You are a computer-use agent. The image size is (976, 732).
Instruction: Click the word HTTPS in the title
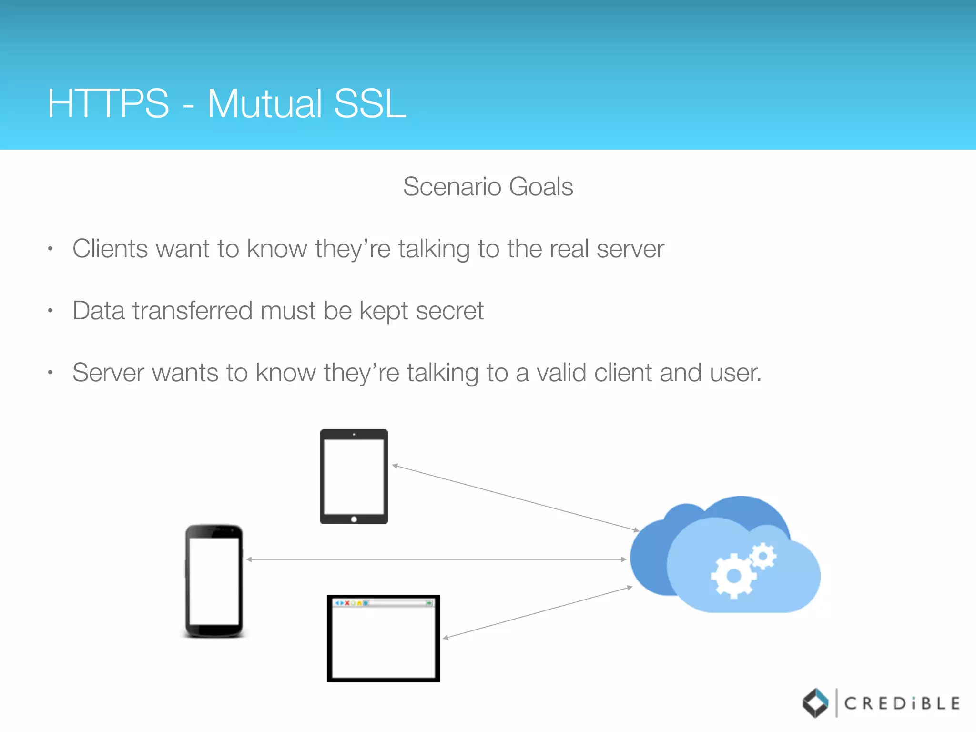tap(108, 103)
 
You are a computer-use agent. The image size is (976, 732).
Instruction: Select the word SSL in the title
tap(370, 103)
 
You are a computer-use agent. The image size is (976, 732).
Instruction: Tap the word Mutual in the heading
tap(264, 103)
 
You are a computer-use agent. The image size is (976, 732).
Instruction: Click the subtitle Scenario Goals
tap(488, 186)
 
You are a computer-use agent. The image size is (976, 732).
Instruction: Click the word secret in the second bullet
tap(449, 311)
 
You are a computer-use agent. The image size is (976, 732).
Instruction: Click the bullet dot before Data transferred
tap(50, 311)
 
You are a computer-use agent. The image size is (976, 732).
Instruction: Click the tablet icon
tap(354, 476)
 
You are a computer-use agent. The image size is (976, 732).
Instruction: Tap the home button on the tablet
tap(354, 519)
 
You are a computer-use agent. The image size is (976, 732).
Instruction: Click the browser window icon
tap(383, 639)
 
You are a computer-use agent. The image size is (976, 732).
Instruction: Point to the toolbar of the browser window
tap(383, 603)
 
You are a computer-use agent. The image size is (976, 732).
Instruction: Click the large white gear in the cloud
tap(733, 576)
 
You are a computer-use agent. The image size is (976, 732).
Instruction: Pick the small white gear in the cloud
tap(763, 556)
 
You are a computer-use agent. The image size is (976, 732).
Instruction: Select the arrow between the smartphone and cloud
tap(436, 559)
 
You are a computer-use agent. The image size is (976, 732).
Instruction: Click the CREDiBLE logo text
tap(902, 703)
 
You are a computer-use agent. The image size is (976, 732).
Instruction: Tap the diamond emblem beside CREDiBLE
tap(816, 703)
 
